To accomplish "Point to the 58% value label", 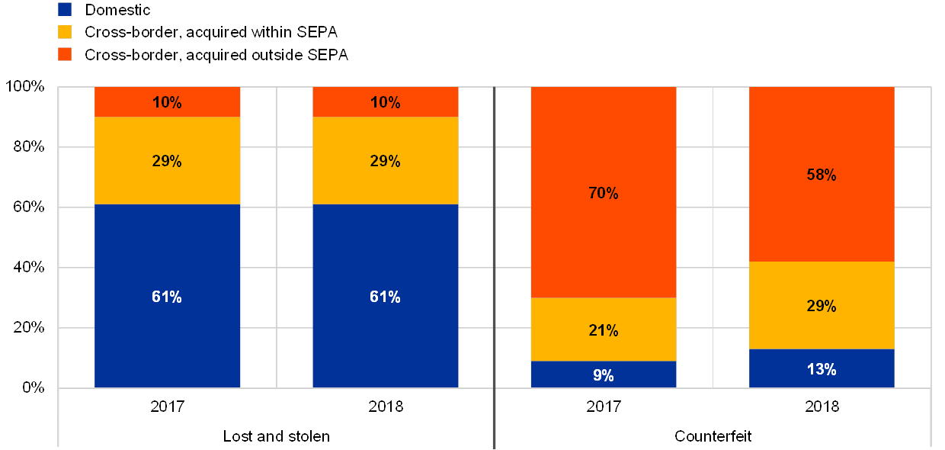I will coord(822,175).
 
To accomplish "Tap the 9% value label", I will coord(603,375).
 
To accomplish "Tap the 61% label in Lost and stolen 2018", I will coord(385,297).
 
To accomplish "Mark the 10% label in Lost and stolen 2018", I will coord(385,102).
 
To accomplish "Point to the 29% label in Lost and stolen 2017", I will coord(167,161).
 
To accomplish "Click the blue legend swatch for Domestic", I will coord(65,10).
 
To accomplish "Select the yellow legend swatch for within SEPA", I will coord(65,32).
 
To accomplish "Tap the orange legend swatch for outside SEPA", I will coord(65,54).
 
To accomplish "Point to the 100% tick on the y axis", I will coord(26,87).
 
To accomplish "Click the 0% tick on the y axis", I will coord(35,388).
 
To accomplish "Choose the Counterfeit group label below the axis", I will coord(713,436).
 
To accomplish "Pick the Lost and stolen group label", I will coord(280,436).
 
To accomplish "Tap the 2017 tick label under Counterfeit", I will coord(603,407).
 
